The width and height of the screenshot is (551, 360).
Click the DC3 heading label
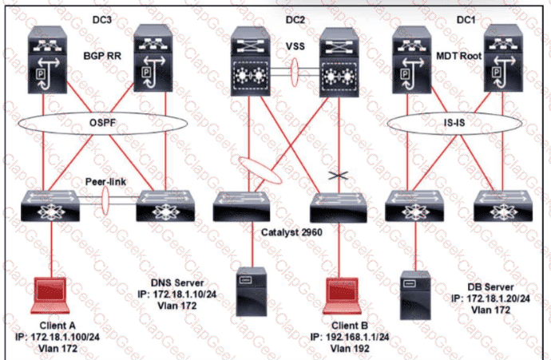tap(102, 20)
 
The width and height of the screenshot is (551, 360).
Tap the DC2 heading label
tap(295, 20)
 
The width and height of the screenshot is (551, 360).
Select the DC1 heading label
tap(466, 20)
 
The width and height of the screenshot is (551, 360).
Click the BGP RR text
tap(102, 56)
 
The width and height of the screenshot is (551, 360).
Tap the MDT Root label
tap(458, 56)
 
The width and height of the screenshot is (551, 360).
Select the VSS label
tap(295, 46)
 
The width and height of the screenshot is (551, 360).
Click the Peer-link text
tap(105, 181)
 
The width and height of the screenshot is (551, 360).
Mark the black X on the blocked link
tap(339, 176)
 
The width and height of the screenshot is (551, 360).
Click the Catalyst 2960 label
tap(291, 232)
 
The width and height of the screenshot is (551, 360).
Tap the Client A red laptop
tap(50, 295)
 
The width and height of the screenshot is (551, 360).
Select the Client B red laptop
tap(342, 295)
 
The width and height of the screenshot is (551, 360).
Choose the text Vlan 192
tap(350, 348)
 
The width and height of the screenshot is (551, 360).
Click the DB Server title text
tap(490, 287)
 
